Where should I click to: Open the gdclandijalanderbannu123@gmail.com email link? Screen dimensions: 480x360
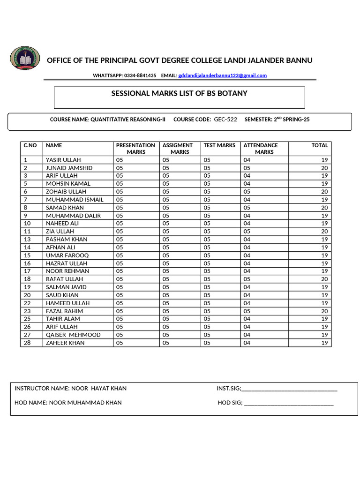click(222, 75)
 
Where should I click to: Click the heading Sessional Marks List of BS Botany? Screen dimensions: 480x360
click(179, 94)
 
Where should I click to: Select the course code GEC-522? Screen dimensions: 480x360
click(225, 120)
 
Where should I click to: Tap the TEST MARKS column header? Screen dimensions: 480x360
click(219, 145)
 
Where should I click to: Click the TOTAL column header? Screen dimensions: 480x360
click(320, 145)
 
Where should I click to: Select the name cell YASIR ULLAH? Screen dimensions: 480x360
click(63, 160)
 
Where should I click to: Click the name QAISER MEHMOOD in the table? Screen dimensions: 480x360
click(73, 335)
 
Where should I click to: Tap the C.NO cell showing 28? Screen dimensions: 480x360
click(27, 343)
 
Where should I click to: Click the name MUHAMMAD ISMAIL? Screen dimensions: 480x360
click(75, 200)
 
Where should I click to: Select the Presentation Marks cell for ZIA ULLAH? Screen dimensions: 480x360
click(120, 231)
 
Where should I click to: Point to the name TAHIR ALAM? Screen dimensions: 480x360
click(63, 319)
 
